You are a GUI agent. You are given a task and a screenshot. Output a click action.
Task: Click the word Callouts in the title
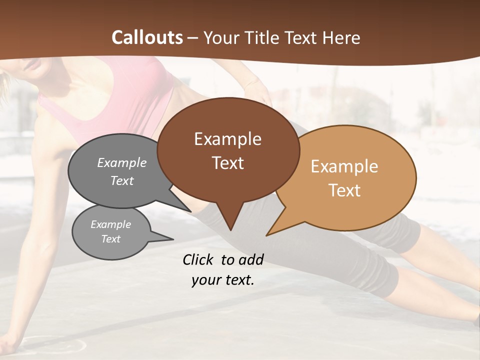coord(147,37)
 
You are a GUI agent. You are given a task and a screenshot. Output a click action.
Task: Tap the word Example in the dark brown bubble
coord(227,139)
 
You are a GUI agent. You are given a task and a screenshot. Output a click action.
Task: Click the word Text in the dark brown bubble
coord(227,163)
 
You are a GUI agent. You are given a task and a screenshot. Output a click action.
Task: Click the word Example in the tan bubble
coord(344,166)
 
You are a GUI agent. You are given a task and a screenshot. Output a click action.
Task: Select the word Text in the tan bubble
coord(344,190)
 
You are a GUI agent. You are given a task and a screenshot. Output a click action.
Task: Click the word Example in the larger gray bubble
coord(122,163)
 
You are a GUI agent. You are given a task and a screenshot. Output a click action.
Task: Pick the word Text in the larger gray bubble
coord(122,181)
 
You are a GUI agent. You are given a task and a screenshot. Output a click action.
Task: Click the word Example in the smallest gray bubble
coord(110,224)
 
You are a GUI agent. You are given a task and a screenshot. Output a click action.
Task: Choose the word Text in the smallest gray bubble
coord(110,239)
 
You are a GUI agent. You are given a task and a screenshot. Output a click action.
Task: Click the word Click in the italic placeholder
coord(199,259)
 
